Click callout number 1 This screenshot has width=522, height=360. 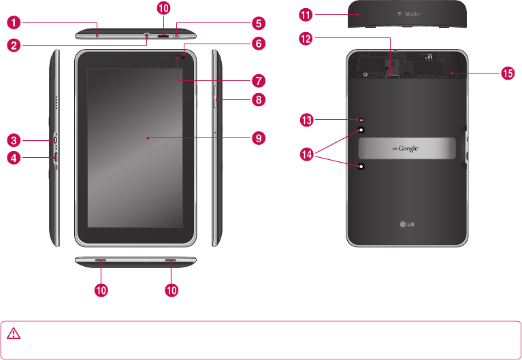(14, 23)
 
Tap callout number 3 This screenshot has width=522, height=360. (14, 140)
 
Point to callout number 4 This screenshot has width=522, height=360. (14, 159)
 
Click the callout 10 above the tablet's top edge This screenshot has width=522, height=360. (163, 9)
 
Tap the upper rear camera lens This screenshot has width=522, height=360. (361, 129)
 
